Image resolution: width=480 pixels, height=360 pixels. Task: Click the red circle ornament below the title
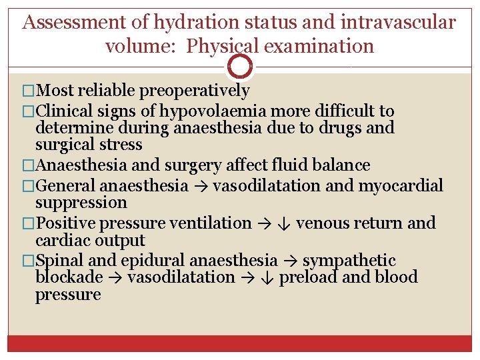pyautogui.click(x=240, y=67)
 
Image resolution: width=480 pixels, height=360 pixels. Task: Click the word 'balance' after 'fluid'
pyautogui.click(x=339, y=165)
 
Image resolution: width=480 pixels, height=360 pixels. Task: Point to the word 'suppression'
pyautogui.click(x=81, y=203)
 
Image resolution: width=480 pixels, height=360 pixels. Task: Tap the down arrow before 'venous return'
pyautogui.click(x=282, y=223)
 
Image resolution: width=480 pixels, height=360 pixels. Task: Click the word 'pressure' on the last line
pyautogui.click(x=68, y=295)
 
